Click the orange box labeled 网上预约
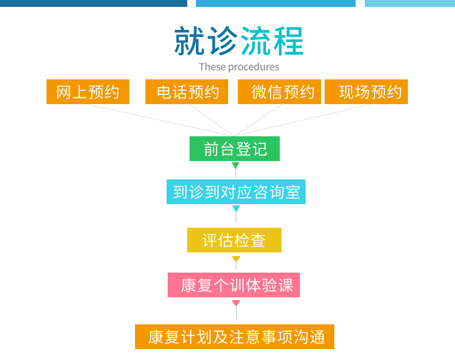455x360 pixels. pos(88,92)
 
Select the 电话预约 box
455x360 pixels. pos(187,92)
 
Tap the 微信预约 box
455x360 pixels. pos(283,92)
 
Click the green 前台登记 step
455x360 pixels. pos(235,149)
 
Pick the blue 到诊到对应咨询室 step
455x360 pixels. pos(236,192)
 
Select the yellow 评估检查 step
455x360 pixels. pos(234,240)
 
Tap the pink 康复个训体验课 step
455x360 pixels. pos(234,285)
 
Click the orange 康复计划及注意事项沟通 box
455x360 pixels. pos(235,336)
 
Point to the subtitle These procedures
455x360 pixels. pos(239,67)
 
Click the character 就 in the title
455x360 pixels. pos(190,41)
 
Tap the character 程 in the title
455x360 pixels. pos(288,41)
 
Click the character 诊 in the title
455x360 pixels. pos(222,41)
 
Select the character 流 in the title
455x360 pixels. pos(255,41)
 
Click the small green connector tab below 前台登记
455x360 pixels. pos(236,165)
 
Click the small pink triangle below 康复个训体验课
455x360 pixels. pos(236,302)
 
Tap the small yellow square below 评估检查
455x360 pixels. pos(236,259)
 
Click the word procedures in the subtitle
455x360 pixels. pos(254,67)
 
